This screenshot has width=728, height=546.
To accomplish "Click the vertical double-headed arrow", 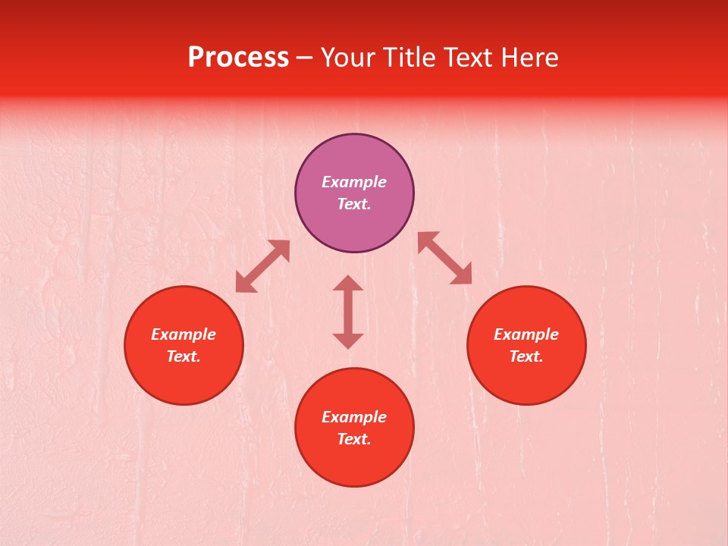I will coord(348,312).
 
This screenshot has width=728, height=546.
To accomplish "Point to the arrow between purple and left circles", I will coord(262,266).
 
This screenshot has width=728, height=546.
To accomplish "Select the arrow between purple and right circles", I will coord(444,258).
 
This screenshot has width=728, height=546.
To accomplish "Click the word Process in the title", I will coord(238,58).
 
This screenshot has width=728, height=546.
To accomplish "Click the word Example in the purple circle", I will coord(354,182).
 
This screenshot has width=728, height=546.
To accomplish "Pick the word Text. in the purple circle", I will coord(354,204).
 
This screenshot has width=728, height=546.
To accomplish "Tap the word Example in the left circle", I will coord(184,334).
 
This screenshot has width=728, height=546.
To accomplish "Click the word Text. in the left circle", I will coord(184,356).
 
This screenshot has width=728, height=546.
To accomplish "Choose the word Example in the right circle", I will coord(526,334).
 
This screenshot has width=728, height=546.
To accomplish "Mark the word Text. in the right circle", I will coord(526,356).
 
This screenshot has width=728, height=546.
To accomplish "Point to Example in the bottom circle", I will coord(354,417).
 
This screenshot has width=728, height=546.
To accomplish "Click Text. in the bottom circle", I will coord(354,439).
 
